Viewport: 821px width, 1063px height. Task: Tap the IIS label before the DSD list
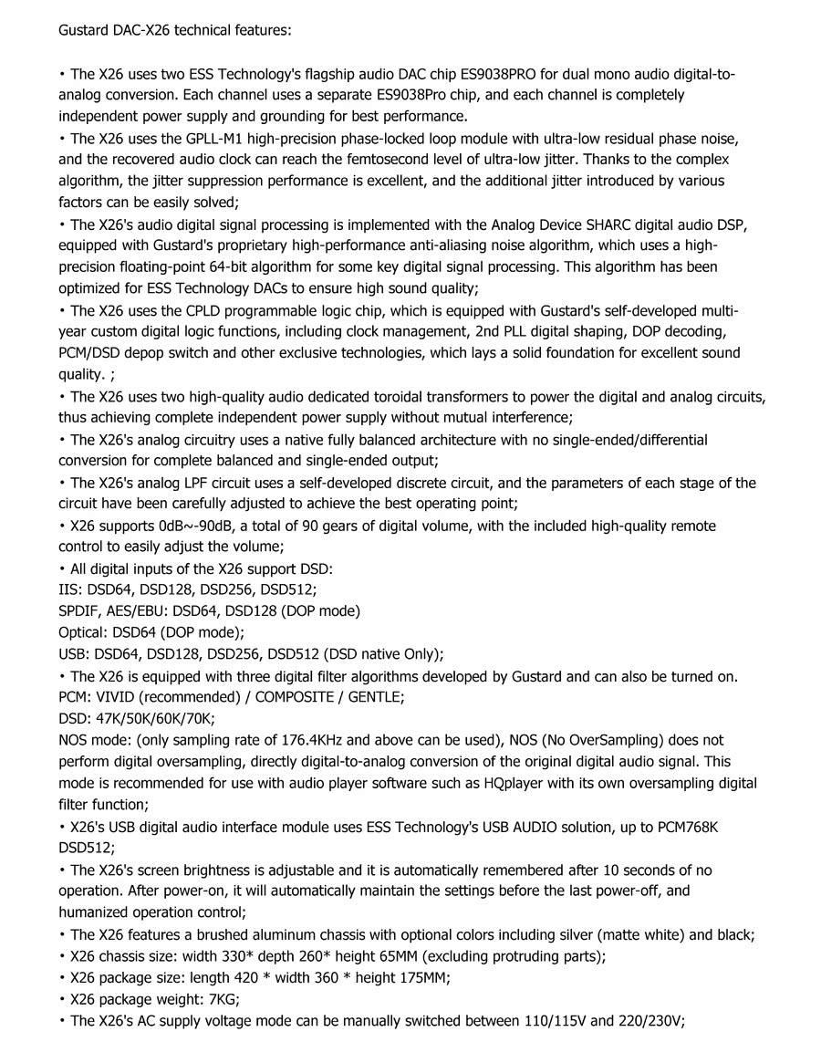(x=70, y=589)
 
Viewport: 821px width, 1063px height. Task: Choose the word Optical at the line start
(x=83, y=632)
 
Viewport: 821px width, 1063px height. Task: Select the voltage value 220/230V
(x=650, y=1020)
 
